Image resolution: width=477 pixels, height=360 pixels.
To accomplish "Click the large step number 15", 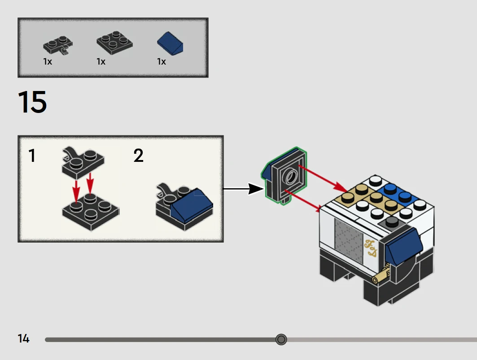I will (32, 102).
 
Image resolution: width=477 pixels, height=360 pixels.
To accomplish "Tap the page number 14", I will (24, 338).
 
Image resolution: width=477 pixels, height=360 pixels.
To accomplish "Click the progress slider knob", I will (281, 339).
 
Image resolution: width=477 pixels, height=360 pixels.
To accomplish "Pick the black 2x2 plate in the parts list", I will (114, 42).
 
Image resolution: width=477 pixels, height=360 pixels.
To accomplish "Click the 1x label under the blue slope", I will (162, 62).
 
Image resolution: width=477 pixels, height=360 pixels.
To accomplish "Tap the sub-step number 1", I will (32, 156).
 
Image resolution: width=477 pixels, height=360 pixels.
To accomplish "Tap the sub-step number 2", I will (139, 156).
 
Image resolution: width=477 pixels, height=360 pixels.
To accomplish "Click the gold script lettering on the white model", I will (372, 249).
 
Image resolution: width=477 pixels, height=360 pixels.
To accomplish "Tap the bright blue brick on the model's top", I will (398, 193).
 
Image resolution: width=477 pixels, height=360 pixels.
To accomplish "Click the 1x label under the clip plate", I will (48, 62).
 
